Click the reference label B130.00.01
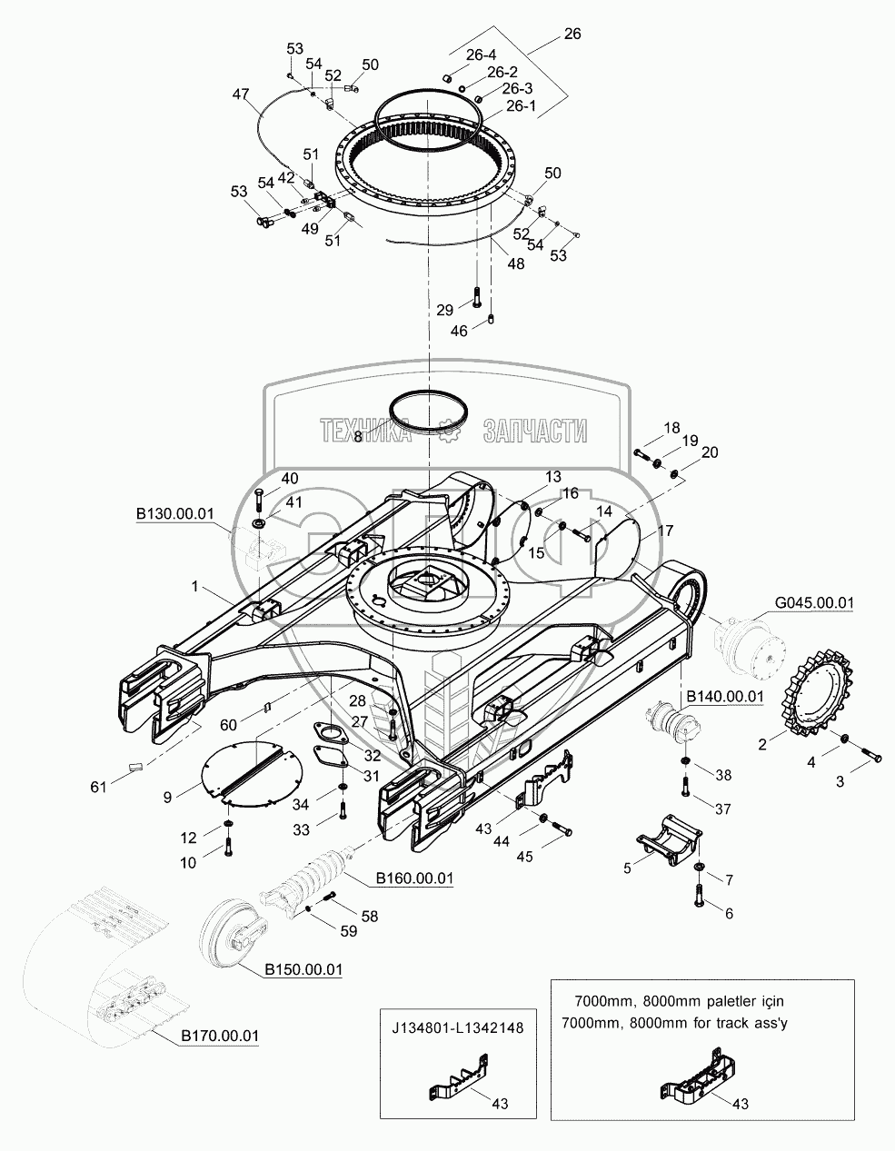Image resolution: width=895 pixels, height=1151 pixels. pos(175,514)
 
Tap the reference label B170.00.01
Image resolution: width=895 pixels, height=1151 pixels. pos(220,1035)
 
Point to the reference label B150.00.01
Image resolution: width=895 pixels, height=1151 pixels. pos(303,970)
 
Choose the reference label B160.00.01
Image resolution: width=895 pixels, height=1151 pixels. pos(414,879)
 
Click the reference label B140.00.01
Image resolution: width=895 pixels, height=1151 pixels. pos(724,697)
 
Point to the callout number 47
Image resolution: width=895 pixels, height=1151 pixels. pos(240,94)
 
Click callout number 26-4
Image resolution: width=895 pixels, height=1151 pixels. pos(482,55)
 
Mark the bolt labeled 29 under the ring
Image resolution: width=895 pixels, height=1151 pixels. pos(476,298)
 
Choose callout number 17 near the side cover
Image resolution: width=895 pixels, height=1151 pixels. pos(665,530)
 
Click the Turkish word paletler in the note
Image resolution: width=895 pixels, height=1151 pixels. pos(721,1001)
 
